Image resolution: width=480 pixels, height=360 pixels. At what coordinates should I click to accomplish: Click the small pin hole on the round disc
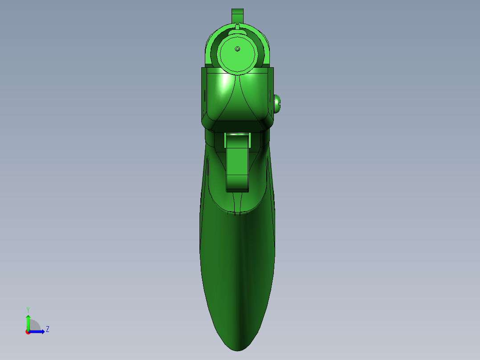(x=237, y=49)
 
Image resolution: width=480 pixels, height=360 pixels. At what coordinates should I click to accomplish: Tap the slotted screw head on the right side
(x=277, y=104)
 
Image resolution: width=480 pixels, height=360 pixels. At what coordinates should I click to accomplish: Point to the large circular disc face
(x=238, y=54)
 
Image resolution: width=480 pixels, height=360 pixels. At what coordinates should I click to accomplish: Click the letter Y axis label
(x=28, y=310)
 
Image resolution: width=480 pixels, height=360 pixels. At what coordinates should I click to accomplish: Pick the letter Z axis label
(x=48, y=329)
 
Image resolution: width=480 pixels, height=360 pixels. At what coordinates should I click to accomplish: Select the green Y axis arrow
(x=28, y=323)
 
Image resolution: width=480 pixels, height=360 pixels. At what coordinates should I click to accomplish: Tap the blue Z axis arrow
(x=37, y=332)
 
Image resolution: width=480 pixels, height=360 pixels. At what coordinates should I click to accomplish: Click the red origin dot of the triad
(x=28, y=332)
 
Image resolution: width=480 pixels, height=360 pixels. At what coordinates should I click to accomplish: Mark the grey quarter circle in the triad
(x=34, y=325)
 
